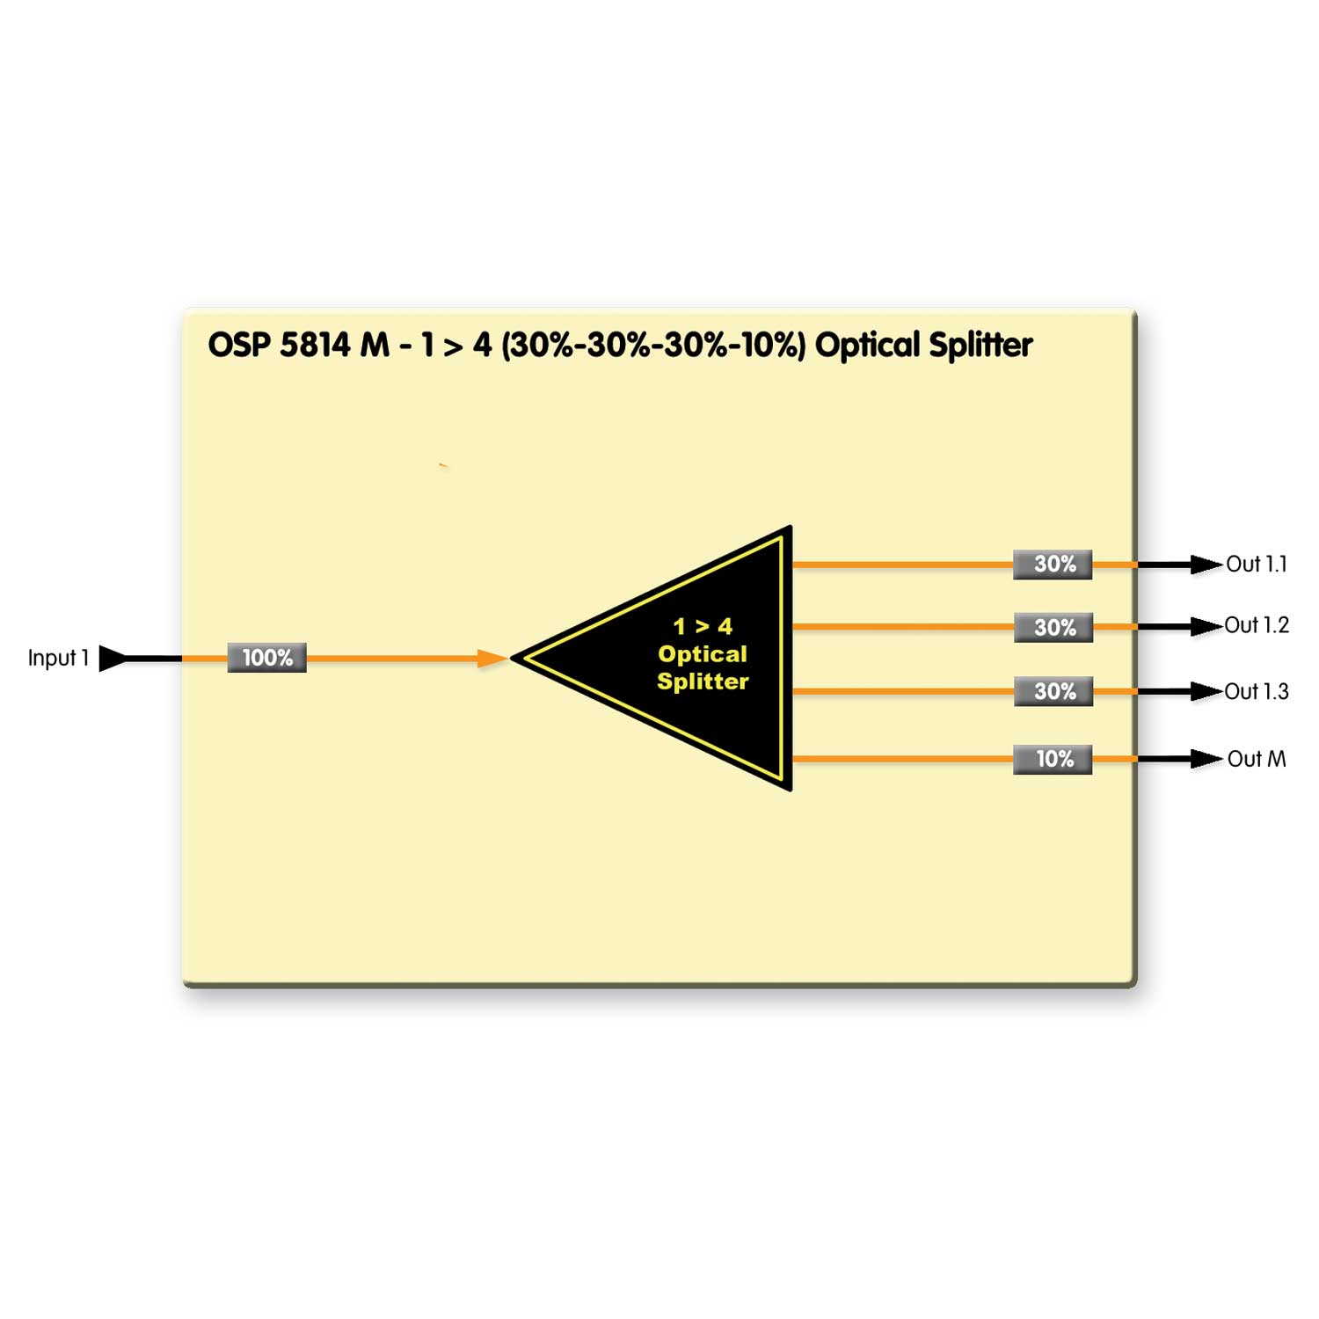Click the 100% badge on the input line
[266, 658]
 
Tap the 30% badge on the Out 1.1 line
[1053, 565]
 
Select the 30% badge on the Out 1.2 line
[1053, 628]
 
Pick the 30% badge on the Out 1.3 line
[1053, 691]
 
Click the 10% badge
[1053, 759]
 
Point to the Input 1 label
[58, 658]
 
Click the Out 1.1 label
[1257, 565]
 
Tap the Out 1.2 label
[1257, 625]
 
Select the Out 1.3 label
[1257, 692]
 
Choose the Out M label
[1257, 759]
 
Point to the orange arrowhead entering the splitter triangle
[492, 658]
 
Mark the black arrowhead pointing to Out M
[1206, 759]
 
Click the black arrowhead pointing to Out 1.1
[1206, 565]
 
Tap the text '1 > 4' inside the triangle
[703, 626]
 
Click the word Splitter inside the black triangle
[703, 681]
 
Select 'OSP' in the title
[238, 345]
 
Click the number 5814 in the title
[315, 345]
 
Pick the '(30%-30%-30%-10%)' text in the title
[652, 345]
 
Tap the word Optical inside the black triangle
[703, 654]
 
